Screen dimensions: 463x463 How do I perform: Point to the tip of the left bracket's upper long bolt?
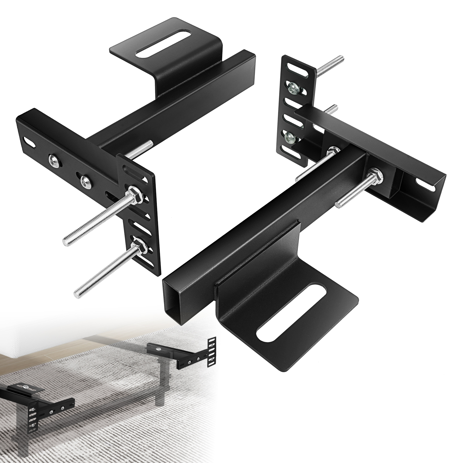(66, 241)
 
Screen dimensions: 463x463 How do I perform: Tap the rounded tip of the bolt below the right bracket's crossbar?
(338, 204)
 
